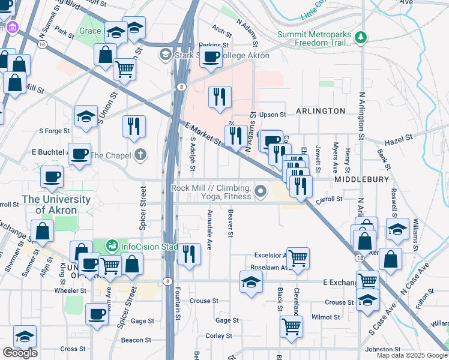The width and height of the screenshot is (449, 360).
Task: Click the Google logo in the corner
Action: click(x=20, y=353)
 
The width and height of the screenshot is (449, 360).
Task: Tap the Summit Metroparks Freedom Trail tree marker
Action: click(x=361, y=38)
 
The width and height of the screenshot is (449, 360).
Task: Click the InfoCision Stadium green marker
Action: click(x=111, y=245)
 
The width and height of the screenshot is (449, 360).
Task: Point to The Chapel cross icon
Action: click(x=140, y=155)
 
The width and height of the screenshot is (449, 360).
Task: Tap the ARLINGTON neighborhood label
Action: click(x=320, y=111)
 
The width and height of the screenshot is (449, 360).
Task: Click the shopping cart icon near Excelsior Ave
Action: click(x=298, y=257)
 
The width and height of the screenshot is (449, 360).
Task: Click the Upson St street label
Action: click(x=272, y=114)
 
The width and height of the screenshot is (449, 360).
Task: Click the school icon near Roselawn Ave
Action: click(x=251, y=281)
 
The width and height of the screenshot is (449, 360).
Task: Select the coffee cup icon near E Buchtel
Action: click(x=79, y=154)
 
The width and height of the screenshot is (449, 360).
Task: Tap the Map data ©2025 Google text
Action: click(x=411, y=355)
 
